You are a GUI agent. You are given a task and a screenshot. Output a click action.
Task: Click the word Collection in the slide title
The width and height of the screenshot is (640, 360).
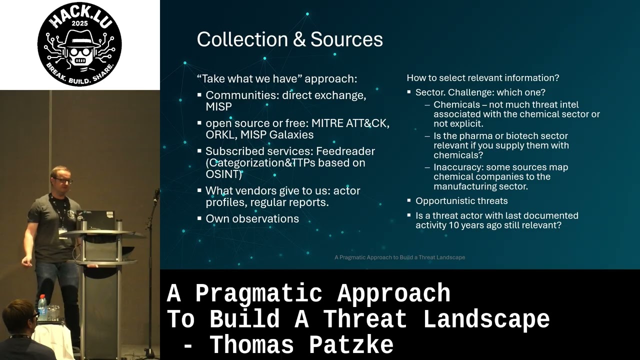coord(242,39)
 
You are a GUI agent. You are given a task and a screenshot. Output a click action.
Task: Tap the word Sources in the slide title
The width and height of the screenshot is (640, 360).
coord(346,39)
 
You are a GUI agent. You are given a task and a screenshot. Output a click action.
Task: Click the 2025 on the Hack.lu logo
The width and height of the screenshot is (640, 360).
coord(79,23)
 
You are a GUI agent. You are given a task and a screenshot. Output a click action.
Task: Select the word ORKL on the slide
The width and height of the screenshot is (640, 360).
coord(220,134)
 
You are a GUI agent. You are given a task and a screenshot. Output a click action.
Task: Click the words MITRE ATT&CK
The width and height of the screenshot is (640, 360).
coord(350,123)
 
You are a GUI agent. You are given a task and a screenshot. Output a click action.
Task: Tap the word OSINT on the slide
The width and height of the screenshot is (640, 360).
coord(222,174)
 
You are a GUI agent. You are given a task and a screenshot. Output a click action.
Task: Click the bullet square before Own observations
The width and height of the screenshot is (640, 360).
coord(199,219)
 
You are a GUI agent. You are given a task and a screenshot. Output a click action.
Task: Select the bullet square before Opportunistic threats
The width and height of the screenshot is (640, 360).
coord(409,200)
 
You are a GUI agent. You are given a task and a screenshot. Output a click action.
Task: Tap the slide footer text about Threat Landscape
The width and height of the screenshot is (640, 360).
coord(399,257)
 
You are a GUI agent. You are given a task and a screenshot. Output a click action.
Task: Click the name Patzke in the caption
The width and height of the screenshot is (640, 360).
coord(351,345)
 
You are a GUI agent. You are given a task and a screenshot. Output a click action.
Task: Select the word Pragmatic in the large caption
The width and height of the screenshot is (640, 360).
coord(259,294)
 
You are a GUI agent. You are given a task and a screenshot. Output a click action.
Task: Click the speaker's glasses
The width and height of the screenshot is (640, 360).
coord(63,180)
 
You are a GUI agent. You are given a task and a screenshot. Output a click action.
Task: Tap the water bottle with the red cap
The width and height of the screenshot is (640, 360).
coord(42,307)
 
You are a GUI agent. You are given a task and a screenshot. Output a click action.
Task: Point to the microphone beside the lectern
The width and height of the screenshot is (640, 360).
coord(156,195)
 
